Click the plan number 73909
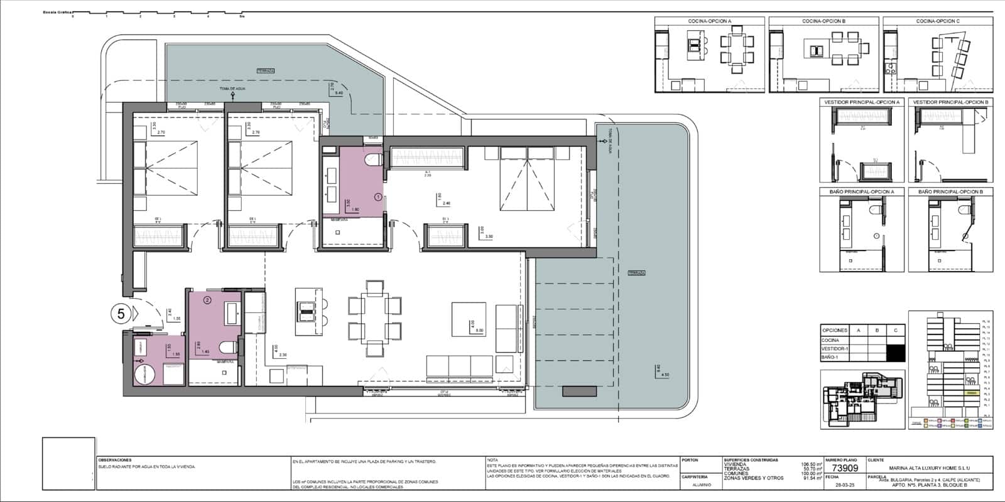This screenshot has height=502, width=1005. pyautogui.click(x=844, y=468)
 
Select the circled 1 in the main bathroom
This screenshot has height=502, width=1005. pyautogui.click(x=378, y=196)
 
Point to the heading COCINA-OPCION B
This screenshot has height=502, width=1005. pyautogui.click(x=823, y=21)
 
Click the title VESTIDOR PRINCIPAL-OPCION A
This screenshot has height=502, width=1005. pyautogui.click(x=862, y=102)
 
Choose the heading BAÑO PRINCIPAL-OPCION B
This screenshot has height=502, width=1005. pyautogui.click(x=952, y=191)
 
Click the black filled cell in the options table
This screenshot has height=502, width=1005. pyautogui.click(x=896, y=353)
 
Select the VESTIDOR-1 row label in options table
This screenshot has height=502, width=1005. pyautogui.click(x=835, y=349)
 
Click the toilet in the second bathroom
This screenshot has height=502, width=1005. pyautogui.click(x=227, y=347)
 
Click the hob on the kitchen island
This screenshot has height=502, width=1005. pyautogui.click(x=305, y=309)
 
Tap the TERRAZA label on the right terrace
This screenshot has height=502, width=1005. pyautogui.click(x=636, y=273)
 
